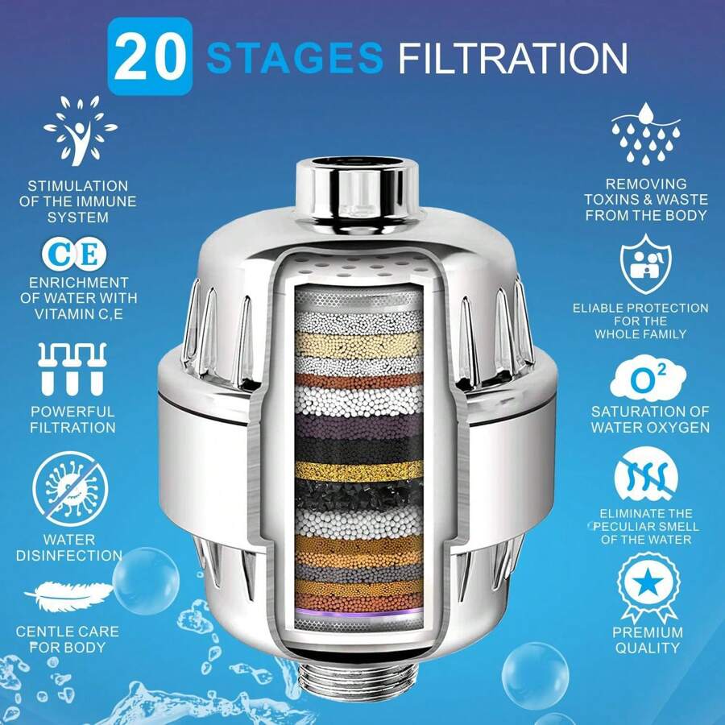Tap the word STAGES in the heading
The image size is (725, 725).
coord(294,58)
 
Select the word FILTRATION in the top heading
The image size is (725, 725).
coord(512,58)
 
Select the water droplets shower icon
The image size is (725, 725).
coord(646,133)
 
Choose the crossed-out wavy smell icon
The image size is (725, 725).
coord(646,478)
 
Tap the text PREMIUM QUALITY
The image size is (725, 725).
coord(646,640)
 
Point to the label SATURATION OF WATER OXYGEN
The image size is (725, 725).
coord(649,420)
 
